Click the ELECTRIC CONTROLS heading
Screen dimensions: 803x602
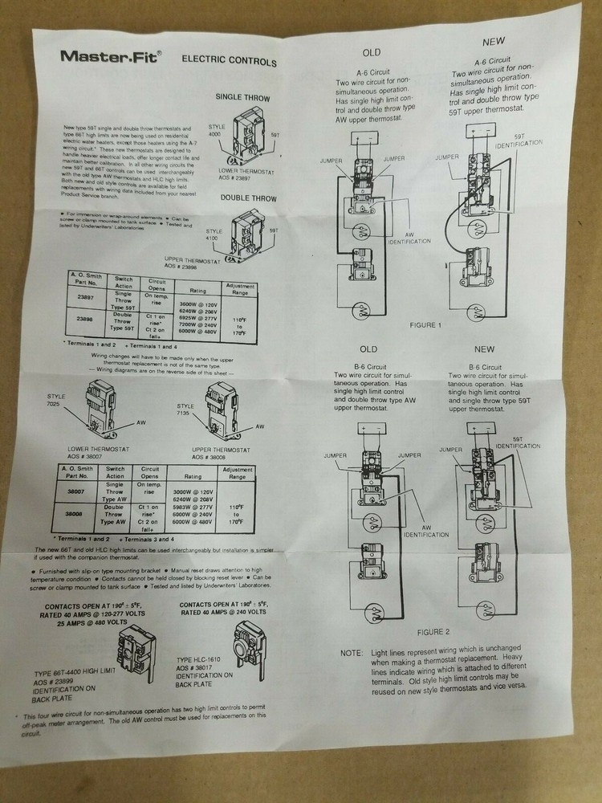229,61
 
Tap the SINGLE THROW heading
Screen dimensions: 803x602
242,98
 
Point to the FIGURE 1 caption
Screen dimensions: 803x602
423,325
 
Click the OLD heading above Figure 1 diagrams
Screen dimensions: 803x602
371,52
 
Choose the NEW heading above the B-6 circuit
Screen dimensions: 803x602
484,349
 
